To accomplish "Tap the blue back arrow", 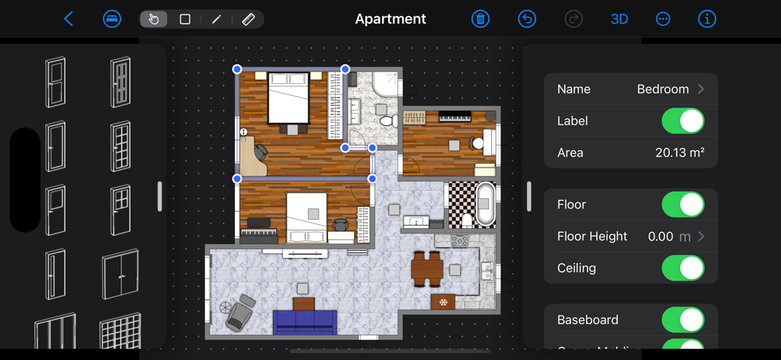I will [69, 19].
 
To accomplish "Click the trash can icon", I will [480, 19].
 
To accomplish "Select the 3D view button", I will [619, 19].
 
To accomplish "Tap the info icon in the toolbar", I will [707, 19].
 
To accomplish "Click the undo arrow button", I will [527, 19].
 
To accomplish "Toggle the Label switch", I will [682, 121].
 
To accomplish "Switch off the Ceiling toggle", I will [682, 268].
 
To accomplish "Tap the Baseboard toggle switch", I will [682, 320].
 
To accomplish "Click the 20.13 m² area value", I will [680, 153].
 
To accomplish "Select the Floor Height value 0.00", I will [660, 236].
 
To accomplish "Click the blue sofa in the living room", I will [305, 322].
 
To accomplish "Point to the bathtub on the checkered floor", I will [485, 204].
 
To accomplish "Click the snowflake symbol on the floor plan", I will [443, 301].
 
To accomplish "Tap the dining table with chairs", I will [426, 267].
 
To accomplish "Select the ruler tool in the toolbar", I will [248, 19].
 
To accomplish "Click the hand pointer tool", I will [153, 19].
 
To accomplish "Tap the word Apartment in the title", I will [390, 19].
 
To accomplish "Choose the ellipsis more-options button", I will [663, 19].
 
